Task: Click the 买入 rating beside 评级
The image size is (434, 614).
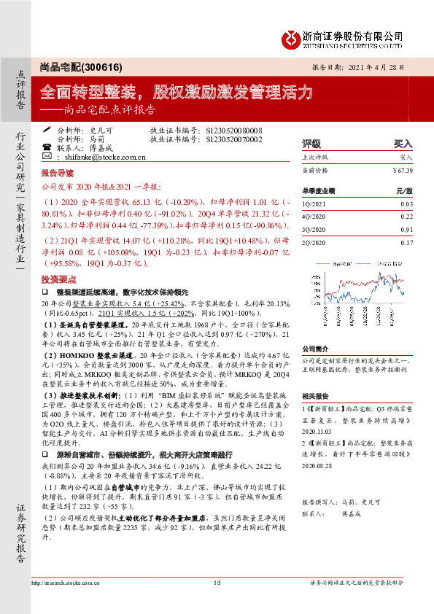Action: click(403, 144)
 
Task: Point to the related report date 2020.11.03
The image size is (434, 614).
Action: click(317, 431)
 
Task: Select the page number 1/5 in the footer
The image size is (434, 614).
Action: click(216, 583)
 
